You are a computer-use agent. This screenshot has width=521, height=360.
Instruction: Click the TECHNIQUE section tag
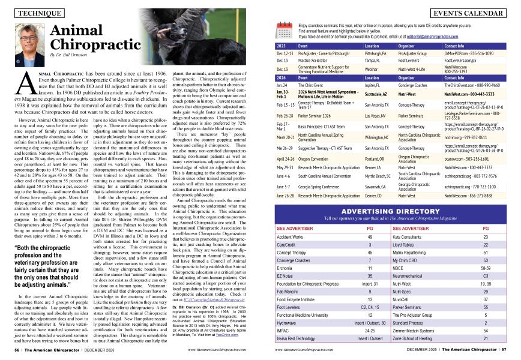point(36,12)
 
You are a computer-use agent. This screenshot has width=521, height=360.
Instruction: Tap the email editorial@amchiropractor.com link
point(434,37)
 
